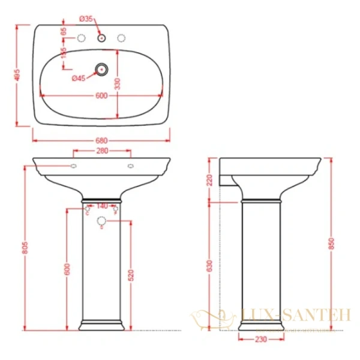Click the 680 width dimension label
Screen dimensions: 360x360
click(101, 141)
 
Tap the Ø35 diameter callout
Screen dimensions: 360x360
click(86, 19)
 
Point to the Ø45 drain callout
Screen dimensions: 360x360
click(79, 79)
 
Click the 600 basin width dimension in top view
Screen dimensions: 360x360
click(101, 95)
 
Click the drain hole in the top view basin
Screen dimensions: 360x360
click(102, 70)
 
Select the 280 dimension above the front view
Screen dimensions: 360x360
click(102, 151)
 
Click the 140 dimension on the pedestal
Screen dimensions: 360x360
click(102, 206)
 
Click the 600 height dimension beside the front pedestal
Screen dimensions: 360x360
click(67, 269)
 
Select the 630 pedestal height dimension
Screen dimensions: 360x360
click(210, 266)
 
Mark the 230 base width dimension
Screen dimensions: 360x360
click(260, 339)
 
